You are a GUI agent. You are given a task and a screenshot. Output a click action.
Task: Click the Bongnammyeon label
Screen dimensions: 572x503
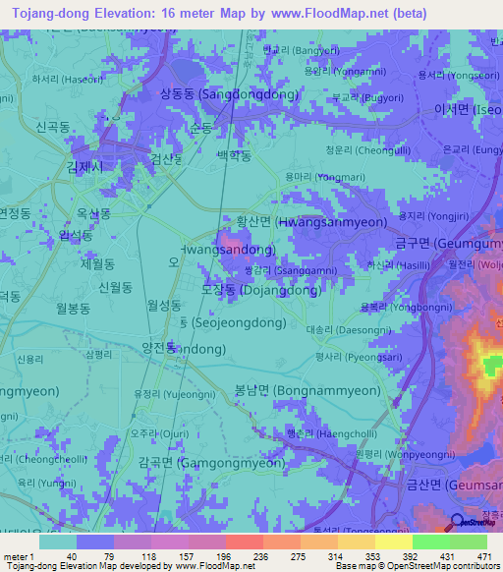[307, 390]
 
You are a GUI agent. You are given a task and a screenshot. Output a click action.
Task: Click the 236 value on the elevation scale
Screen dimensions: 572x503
[244, 557]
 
